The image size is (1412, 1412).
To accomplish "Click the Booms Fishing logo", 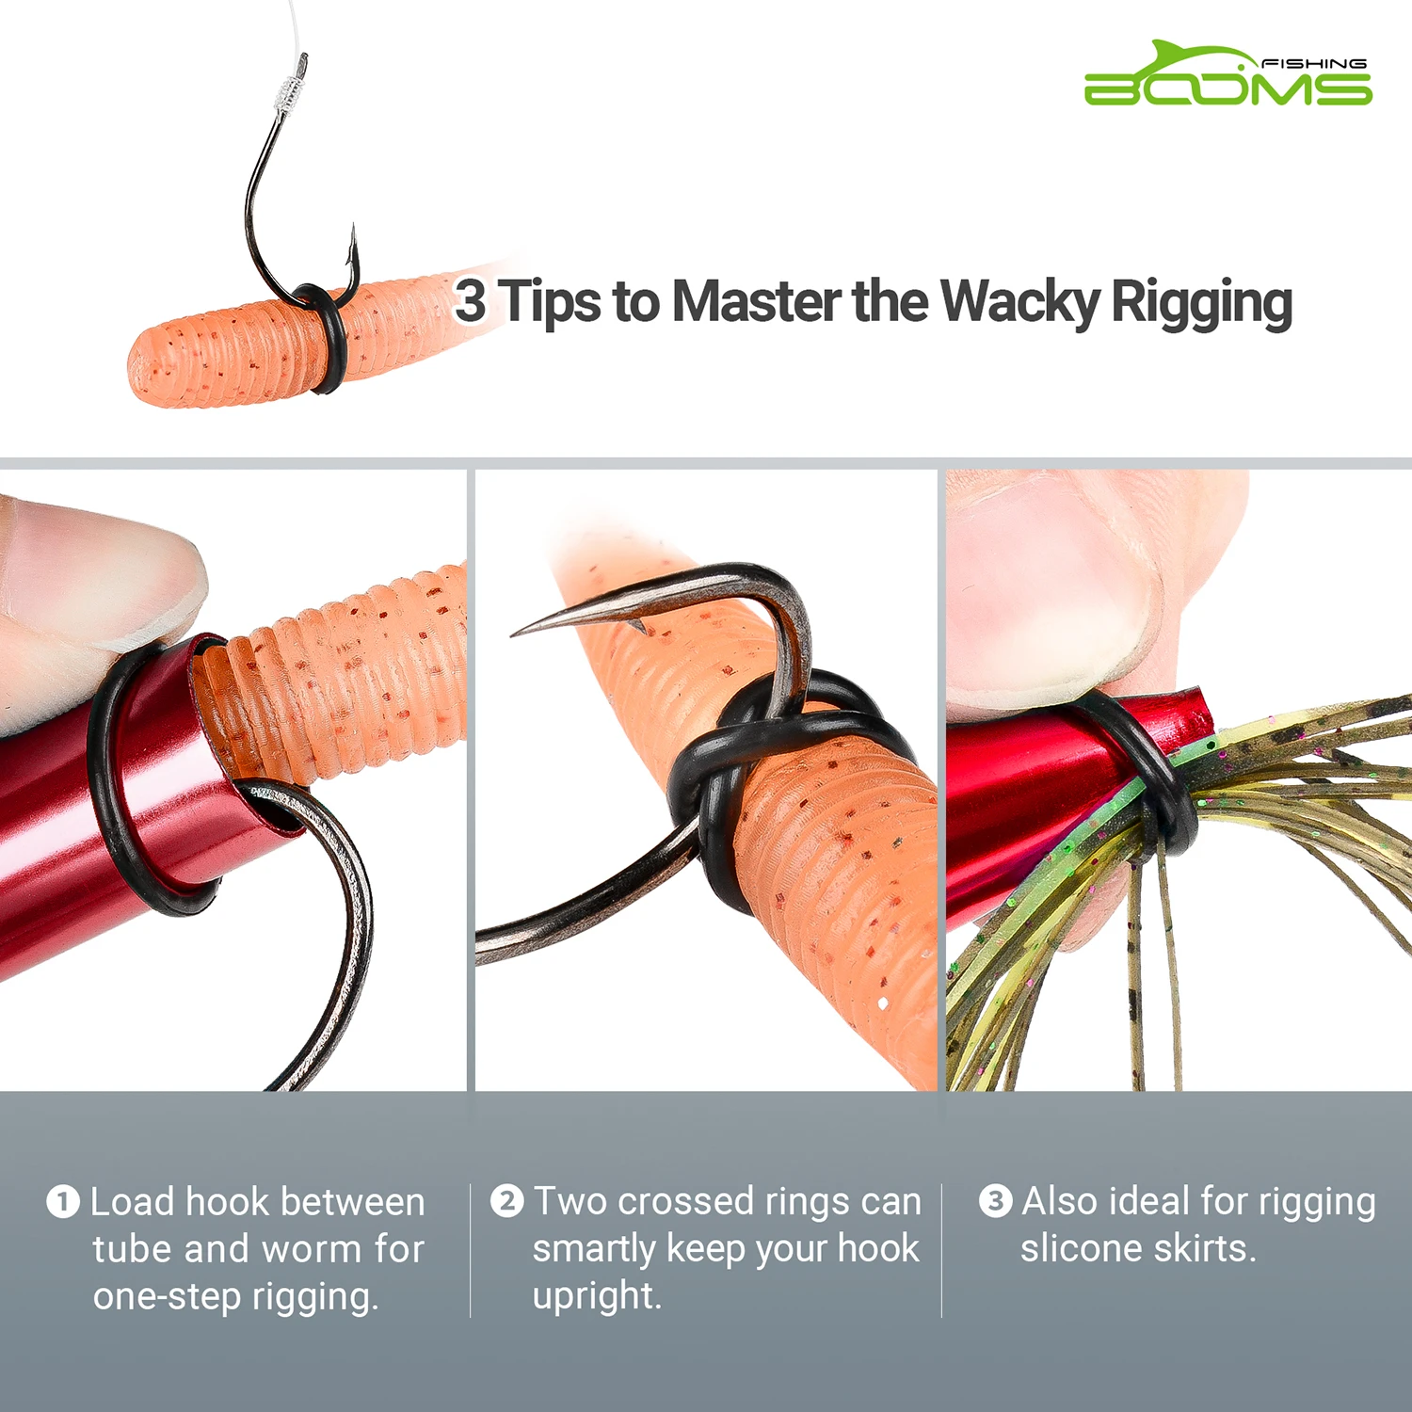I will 1227,74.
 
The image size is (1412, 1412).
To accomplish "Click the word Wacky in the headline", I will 1019,302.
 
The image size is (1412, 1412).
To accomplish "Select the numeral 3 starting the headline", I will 470,300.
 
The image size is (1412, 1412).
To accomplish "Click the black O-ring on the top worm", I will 329,339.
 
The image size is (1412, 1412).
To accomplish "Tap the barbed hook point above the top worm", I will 353,247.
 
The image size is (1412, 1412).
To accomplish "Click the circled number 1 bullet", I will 63,1202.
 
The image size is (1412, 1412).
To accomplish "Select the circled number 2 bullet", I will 507,1201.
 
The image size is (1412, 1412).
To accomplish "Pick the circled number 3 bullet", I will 995,1201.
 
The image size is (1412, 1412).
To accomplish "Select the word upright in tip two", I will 596,1296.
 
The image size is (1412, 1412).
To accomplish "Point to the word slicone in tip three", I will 1081,1249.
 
